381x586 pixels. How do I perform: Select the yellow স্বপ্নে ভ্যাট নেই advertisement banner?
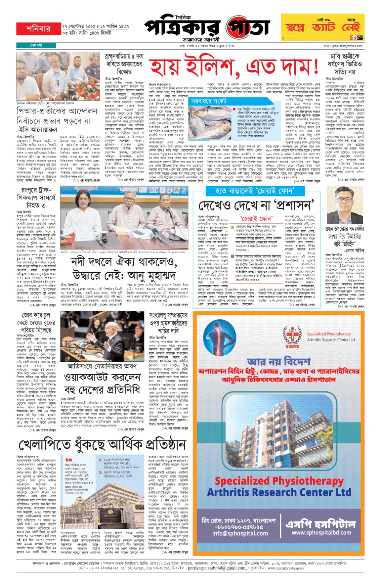(322, 27)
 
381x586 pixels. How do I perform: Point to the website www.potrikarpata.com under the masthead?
(342, 46)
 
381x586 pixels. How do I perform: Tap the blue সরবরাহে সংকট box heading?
(206, 101)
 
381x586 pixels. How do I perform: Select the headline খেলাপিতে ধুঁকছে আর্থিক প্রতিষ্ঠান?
(102, 445)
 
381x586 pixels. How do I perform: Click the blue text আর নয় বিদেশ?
(279, 362)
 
